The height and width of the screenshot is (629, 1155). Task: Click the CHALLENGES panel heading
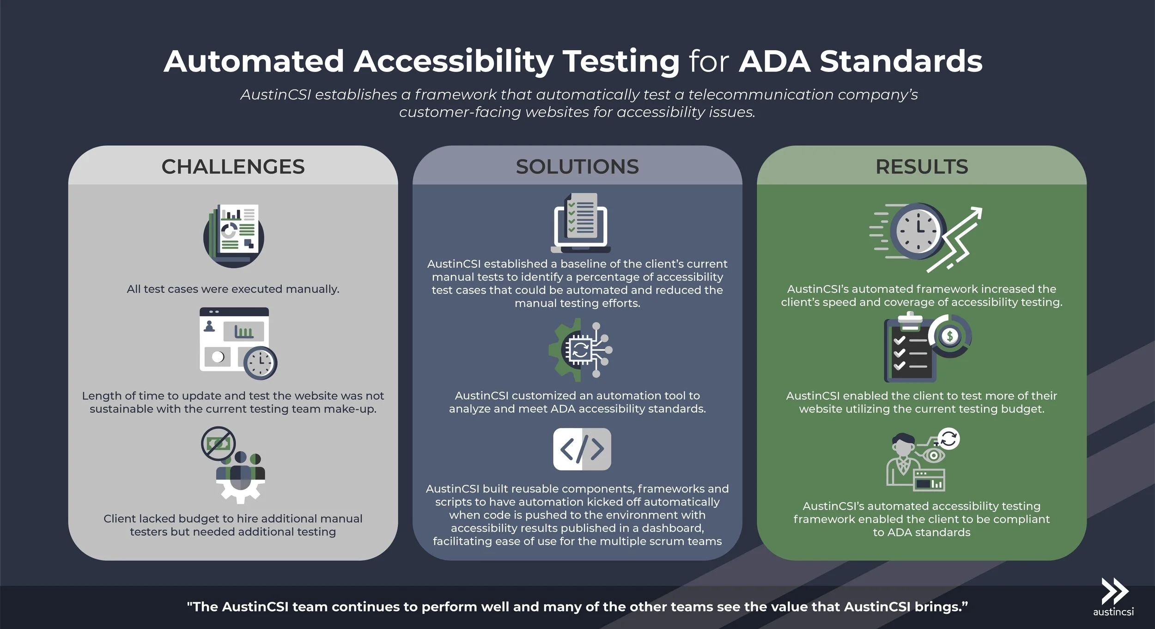[233, 167]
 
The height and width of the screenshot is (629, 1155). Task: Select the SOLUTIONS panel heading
[577, 167]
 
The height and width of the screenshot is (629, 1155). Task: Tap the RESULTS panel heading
[922, 167]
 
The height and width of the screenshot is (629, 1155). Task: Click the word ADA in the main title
[775, 61]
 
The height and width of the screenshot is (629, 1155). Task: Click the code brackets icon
[582, 449]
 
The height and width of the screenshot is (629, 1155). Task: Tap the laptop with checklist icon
[581, 223]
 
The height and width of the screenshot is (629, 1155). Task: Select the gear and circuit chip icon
[580, 350]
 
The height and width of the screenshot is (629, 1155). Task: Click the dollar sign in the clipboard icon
[950, 336]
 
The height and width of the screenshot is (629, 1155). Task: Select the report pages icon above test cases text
[234, 235]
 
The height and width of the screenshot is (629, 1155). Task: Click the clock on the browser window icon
[260, 363]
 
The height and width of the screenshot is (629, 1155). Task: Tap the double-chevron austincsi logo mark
[1114, 591]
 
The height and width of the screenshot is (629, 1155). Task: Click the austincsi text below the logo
[1113, 612]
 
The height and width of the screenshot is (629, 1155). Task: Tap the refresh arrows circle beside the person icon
[948, 438]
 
